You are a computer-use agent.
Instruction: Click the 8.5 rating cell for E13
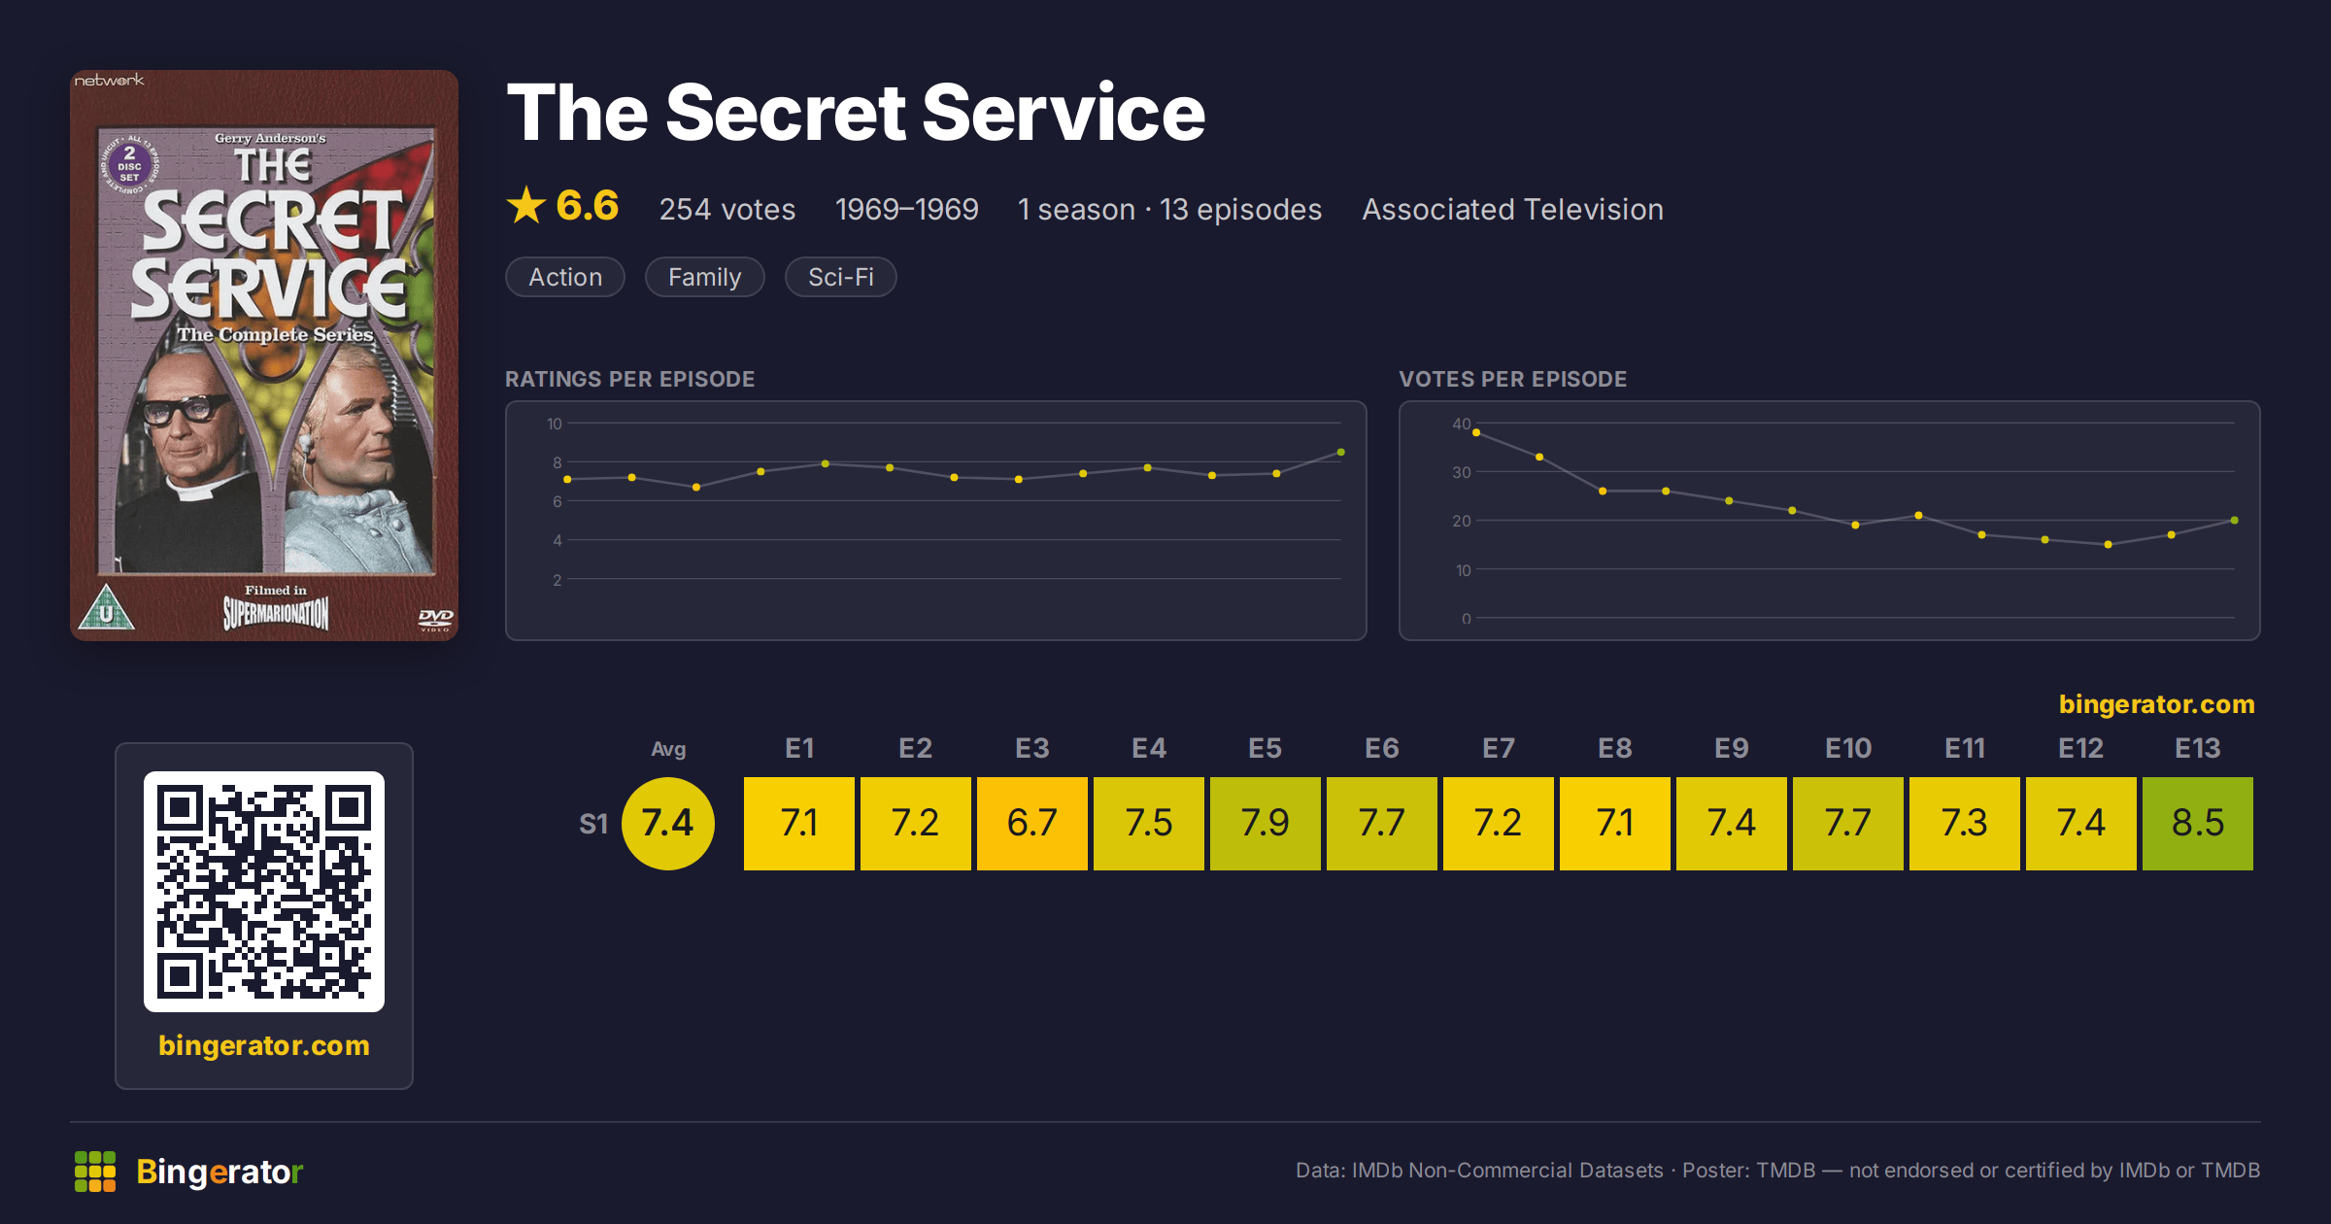[2197, 823]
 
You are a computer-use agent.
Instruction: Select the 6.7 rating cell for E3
[1031, 823]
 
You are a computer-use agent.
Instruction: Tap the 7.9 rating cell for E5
[1265, 823]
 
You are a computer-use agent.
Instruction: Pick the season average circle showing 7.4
[668, 823]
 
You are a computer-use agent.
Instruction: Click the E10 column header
[1847, 748]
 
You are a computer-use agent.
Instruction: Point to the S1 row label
[593, 824]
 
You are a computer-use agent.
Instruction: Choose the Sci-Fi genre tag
[840, 277]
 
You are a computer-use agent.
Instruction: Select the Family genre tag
[704, 277]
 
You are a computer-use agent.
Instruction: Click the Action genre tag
[565, 277]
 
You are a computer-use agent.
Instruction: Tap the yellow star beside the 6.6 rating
[526, 206]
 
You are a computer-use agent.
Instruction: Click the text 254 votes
[727, 209]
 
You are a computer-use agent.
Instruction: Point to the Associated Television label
[1512, 209]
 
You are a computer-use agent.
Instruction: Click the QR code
[264, 892]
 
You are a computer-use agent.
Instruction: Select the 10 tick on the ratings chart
[554, 424]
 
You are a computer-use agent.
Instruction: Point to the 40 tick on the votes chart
[1461, 424]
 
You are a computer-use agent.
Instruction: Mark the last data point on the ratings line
[1341, 453]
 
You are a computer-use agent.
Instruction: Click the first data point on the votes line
[1476, 433]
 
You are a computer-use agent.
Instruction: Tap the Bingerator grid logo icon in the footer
[95, 1172]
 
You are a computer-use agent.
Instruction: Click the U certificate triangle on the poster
[106, 608]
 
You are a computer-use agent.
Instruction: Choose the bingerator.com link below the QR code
[264, 1045]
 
